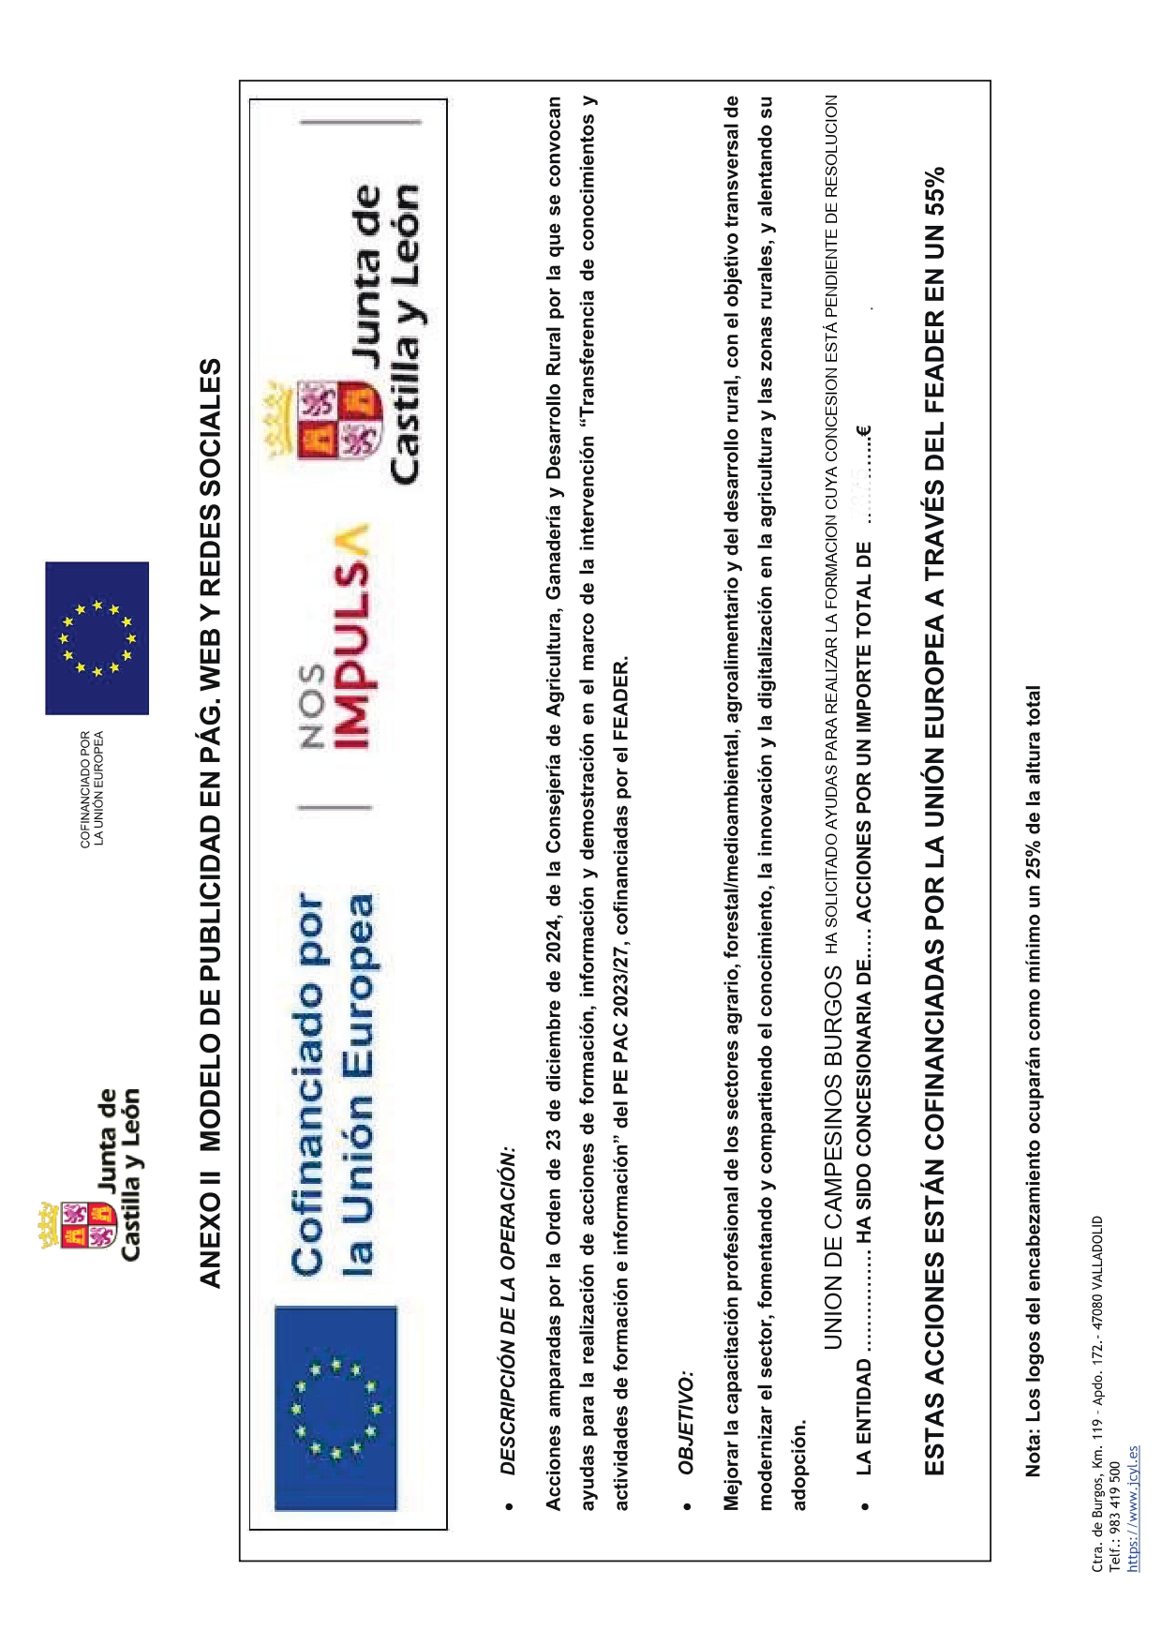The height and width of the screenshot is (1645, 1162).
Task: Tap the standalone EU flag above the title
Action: coord(97,638)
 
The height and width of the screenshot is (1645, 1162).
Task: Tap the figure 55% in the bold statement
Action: coord(935,193)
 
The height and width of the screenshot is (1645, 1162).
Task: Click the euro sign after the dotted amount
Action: coord(863,432)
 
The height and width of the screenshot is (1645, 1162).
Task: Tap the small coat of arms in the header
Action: coord(79,1224)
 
